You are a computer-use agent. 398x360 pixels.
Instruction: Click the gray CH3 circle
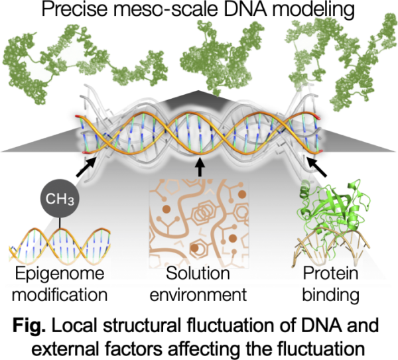coord(60,198)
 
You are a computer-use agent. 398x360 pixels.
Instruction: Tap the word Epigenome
coord(60,274)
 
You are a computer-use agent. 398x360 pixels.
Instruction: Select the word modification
coord(60,295)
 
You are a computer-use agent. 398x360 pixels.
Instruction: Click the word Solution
coord(198,274)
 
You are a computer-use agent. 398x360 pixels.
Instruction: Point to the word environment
coord(198,295)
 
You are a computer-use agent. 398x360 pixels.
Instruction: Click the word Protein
coord(331,274)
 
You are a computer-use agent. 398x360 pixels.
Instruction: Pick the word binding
coord(331,296)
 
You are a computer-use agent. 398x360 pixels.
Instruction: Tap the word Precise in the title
coord(75,9)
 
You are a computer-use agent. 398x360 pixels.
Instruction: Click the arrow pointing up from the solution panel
coord(200,166)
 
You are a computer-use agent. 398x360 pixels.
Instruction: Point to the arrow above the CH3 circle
coord(86,167)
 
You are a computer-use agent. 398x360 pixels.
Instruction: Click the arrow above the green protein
coord(316,167)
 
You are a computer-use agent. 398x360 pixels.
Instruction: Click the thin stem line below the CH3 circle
coord(60,223)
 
